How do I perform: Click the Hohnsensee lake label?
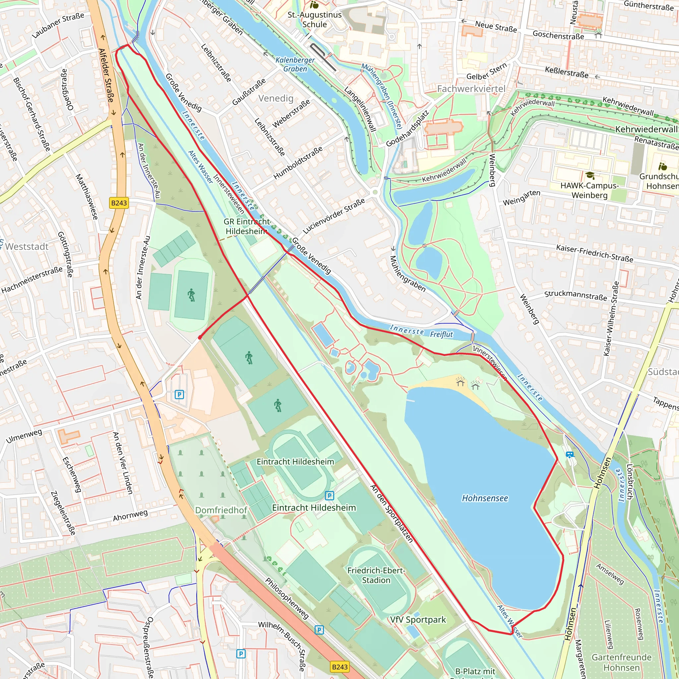click(x=485, y=498)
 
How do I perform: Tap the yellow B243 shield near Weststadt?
click(x=119, y=203)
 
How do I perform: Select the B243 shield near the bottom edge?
click(x=339, y=667)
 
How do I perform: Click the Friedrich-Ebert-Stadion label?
click(x=376, y=575)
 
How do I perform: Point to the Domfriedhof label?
click(x=221, y=510)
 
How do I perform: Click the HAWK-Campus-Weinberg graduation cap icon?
click(x=590, y=175)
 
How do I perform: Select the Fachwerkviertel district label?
click(x=471, y=89)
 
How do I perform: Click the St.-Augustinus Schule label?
click(x=315, y=20)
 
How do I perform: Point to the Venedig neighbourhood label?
click(x=276, y=98)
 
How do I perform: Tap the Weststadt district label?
click(x=27, y=246)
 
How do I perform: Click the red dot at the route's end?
click(x=200, y=338)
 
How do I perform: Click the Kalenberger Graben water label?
click(x=295, y=64)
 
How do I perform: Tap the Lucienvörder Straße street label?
click(x=334, y=216)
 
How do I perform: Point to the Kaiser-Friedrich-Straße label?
click(x=594, y=253)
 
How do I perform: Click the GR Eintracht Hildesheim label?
click(x=246, y=226)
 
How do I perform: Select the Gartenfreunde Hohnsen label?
click(x=621, y=662)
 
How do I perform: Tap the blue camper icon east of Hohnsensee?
click(x=570, y=455)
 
